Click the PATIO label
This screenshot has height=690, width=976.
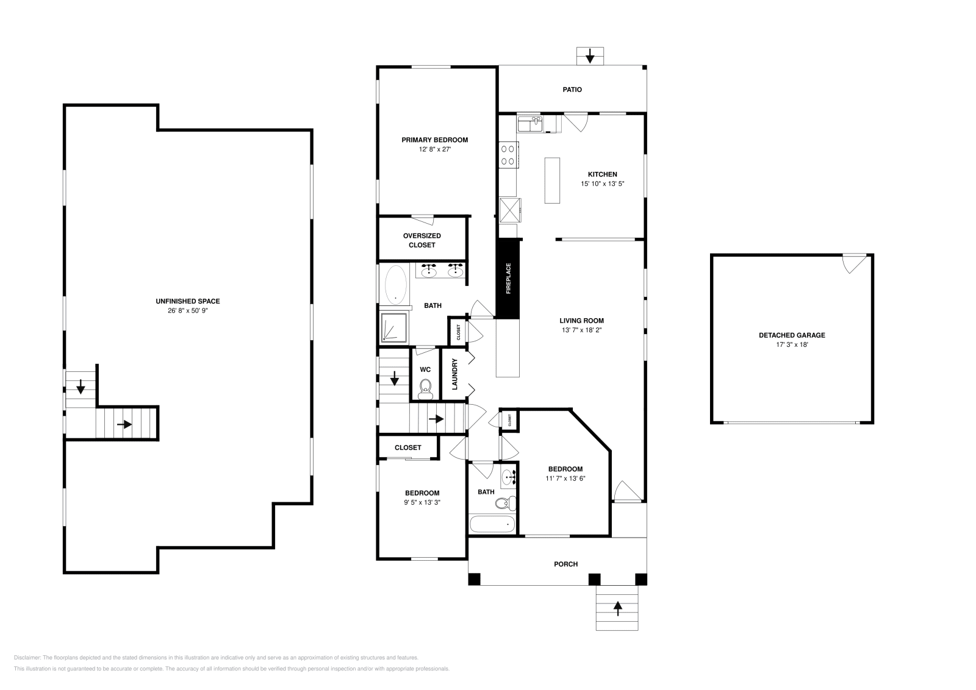pos(572,90)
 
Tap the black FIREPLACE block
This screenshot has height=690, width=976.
pos(507,279)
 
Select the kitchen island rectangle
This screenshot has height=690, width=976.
pos(552,180)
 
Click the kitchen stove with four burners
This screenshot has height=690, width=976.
pos(509,154)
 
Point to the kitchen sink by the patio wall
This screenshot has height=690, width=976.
pos(531,124)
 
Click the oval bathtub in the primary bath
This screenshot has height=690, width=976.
pos(396,285)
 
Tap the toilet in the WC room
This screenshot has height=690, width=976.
pos(426,387)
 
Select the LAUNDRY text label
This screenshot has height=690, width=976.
pos(454,374)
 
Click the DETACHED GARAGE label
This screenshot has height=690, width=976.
pos(792,335)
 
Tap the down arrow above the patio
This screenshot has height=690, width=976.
pos(590,57)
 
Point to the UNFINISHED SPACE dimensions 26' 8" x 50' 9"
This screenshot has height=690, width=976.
pos(187,310)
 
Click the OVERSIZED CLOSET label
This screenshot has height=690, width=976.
pos(422,240)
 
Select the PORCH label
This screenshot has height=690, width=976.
pos(565,564)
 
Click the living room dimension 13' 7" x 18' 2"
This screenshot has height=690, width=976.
pos(582,330)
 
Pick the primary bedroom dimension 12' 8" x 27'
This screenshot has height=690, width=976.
pos(434,149)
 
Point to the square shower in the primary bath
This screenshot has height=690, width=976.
pos(394,329)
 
